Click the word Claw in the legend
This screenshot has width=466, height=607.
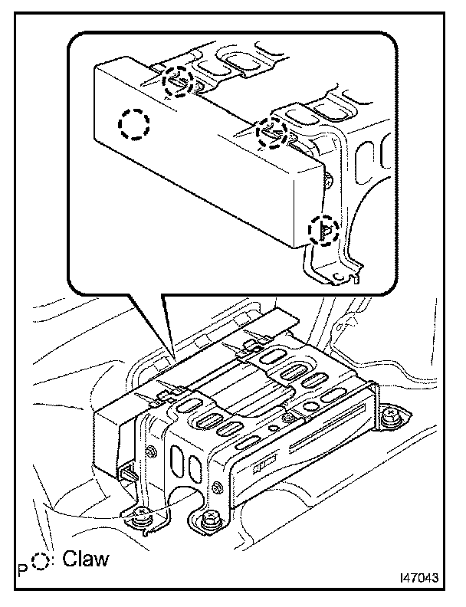coord(86,559)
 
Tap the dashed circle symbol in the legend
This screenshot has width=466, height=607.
coord(40,559)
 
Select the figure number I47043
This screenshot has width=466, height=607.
coord(419,578)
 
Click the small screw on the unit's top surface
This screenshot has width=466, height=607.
coord(288,418)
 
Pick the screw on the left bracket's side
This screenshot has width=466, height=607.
coord(149,450)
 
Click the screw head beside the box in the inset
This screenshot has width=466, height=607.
coord(328,180)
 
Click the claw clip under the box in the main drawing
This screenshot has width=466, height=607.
coord(128,473)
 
